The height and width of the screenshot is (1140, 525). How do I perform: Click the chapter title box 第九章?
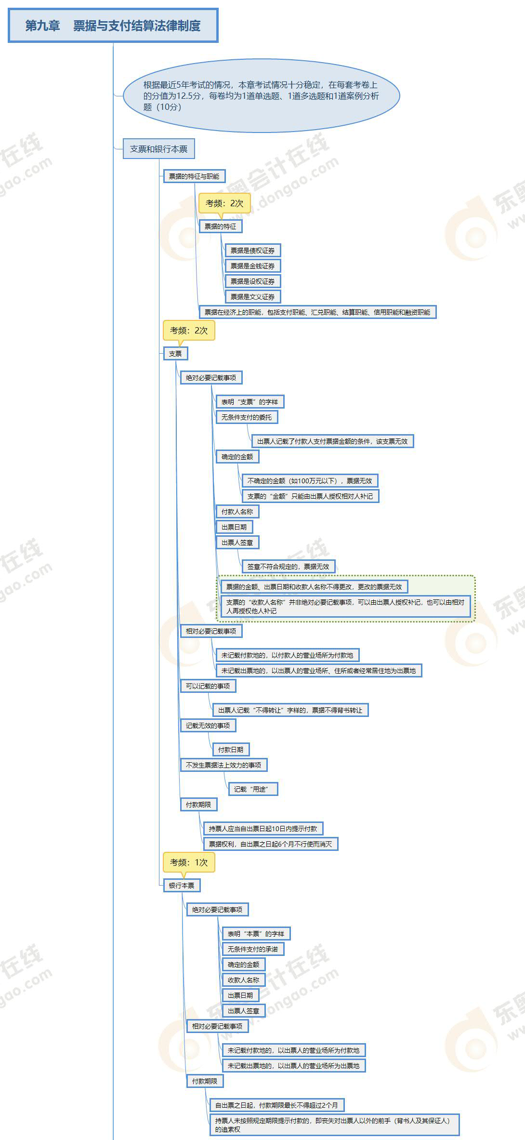coord(113,26)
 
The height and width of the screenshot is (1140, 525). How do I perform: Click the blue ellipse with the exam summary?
coord(262,96)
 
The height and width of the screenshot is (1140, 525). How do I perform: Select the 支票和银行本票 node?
coord(158,149)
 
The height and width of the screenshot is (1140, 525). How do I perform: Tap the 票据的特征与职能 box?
coord(194,176)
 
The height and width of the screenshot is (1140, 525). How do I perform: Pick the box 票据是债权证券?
coord(252,251)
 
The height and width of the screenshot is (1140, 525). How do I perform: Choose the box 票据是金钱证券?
coord(252,266)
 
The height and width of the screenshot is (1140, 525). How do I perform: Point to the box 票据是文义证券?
coord(252,297)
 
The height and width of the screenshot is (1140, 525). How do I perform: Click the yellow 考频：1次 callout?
coord(189,862)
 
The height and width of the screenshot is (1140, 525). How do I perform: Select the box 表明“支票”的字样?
coord(249,402)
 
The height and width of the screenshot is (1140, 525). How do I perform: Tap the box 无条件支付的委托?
coord(247,417)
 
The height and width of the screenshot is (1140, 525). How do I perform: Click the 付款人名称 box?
coord(237,512)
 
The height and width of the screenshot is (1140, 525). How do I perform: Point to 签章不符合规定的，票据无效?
coord(288,567)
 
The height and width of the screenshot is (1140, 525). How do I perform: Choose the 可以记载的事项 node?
coord(208,686)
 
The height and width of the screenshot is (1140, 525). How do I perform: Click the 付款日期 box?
coord(231,750)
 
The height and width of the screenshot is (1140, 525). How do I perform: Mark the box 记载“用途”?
coord(253,789)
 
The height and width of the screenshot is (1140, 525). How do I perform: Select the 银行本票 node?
coord(182,886)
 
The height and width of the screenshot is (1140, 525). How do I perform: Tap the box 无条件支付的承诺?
coord(253,949)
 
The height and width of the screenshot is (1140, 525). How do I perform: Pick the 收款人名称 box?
coord(243,980)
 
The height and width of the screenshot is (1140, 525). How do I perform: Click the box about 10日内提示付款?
coord(263,829)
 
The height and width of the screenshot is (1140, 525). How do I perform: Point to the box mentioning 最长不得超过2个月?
coord(276,1105)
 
